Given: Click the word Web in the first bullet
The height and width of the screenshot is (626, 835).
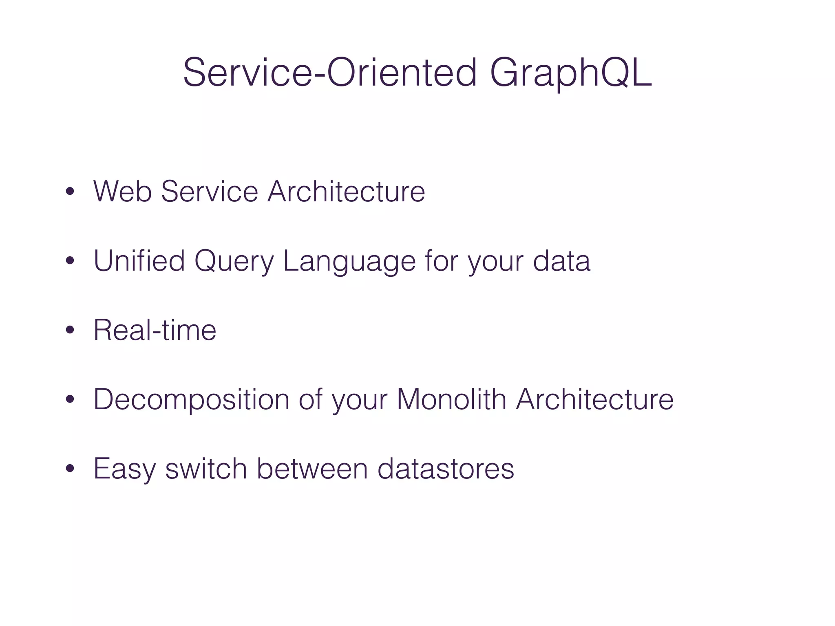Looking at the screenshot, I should pyautogui.click(x=123, y=191).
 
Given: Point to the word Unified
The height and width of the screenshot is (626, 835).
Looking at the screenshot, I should pyautogui.click(x=139, y=260).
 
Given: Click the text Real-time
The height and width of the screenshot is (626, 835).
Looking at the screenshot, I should pyautogui.click(x=155, y=330).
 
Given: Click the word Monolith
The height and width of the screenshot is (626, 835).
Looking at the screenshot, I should pyautogui.click(x=451, y=399).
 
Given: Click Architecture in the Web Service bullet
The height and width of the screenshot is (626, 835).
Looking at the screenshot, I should pyautogui.click(x=346, y=191).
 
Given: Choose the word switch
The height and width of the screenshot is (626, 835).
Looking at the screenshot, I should pyautogui.click(x=206, y=468).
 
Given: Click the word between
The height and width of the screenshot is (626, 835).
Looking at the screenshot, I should pyautogui.click(x=312, y=468).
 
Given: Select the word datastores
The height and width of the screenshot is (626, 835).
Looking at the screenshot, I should pyautogui.click(x=446, y=468).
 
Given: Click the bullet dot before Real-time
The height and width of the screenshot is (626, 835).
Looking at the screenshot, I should pyautogui.click(x=70, y=331).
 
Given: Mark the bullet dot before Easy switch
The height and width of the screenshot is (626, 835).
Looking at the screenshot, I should pyautogui.click(x=70, y=469).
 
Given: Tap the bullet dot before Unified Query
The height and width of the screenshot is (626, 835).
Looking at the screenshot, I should pyautogui.click(x=70, y=261).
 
